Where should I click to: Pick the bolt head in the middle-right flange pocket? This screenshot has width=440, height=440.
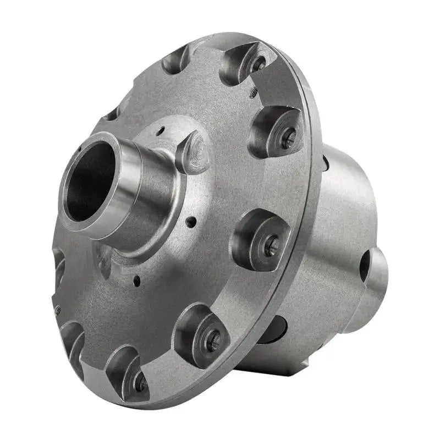[x=271, y=245]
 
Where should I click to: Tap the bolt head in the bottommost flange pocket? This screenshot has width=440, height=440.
[x=140, y=382]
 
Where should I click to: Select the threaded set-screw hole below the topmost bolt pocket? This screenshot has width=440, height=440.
[x=254, y=94]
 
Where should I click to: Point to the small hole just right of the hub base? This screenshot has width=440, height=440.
[x=190, y=223]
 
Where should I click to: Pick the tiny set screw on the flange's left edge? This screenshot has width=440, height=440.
[x=58, y=311]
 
